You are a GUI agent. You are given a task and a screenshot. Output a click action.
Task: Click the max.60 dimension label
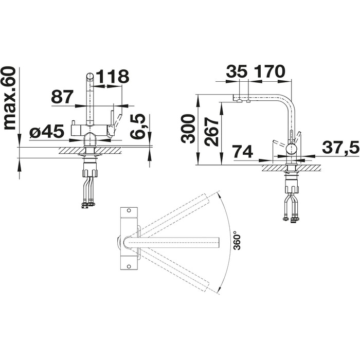coord(10,98)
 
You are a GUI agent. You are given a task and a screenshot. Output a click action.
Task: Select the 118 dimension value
coord(112,76)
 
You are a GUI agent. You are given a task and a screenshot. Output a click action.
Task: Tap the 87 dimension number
coord(62,97)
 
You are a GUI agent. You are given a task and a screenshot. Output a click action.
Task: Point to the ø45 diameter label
coord(47,132)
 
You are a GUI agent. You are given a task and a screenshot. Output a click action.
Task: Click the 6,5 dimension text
coord(138,127)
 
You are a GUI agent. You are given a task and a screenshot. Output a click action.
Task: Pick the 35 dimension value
coord(237,71)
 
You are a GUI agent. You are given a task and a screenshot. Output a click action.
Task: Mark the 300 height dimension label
coord(188,129)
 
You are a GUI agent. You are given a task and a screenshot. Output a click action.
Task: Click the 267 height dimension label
coord(211,132)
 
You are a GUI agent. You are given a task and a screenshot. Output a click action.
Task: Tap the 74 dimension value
coord(243,152)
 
